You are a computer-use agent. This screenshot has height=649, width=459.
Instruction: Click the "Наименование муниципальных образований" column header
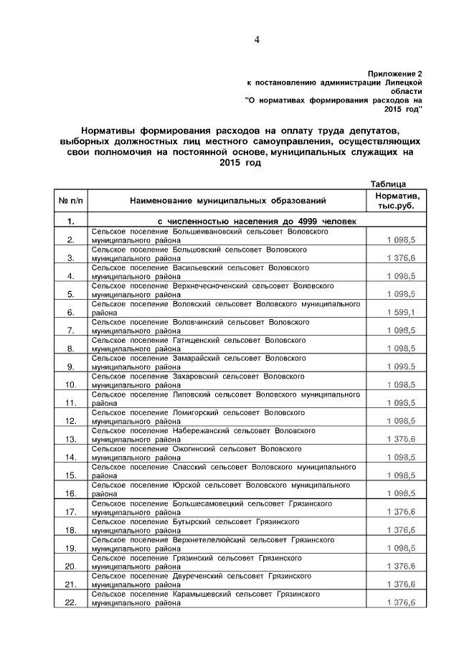click(227, 200)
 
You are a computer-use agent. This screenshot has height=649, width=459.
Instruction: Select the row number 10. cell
click(71, 385)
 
